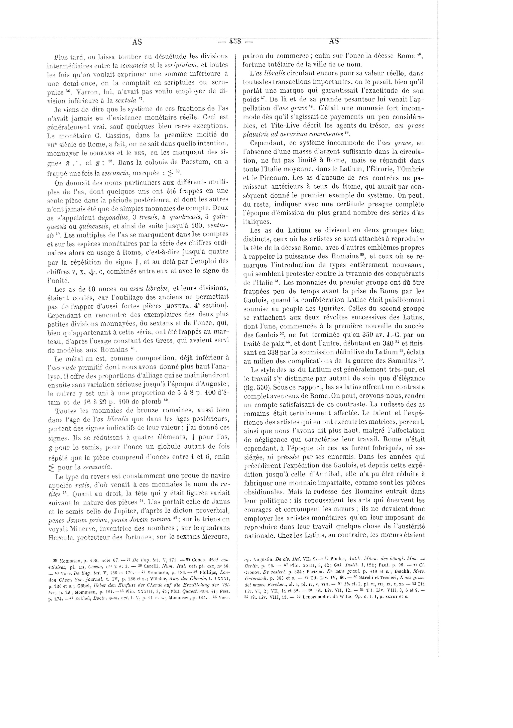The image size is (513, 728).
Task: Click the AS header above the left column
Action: [137, 42]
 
